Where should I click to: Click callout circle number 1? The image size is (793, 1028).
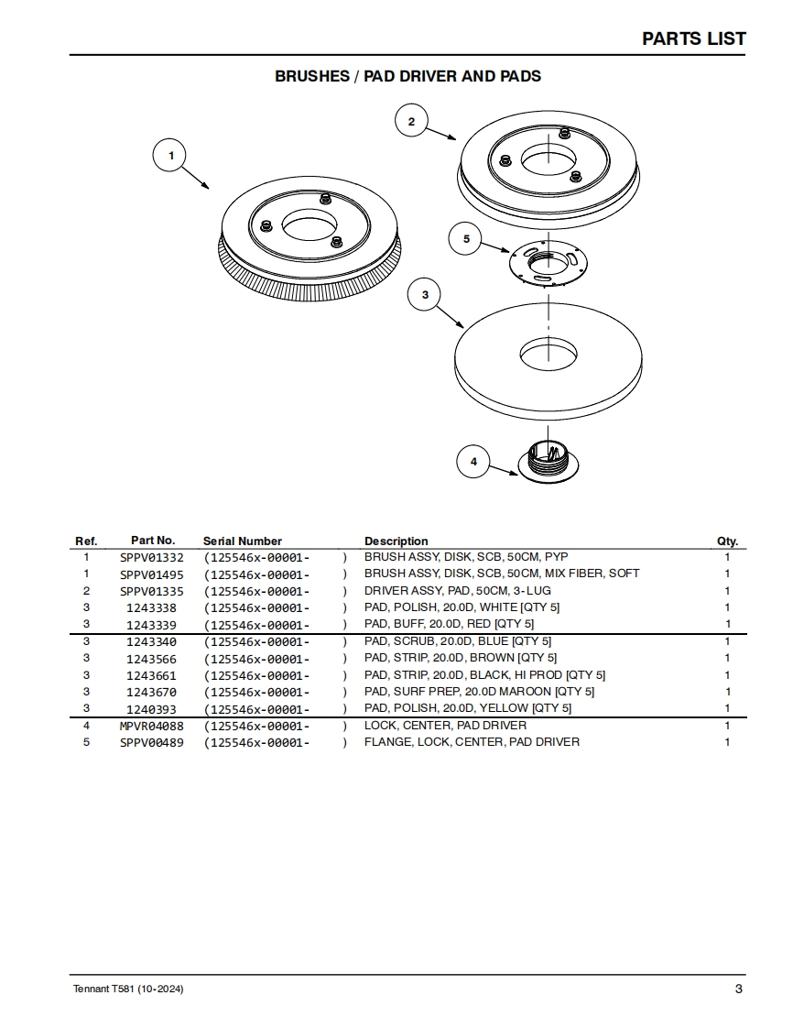[x=170, y=156]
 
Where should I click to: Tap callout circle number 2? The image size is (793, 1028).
[x=411, y=121]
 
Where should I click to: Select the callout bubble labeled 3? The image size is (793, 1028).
[x=425, y=294]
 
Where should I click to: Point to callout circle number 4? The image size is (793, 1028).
[x=473, y=462]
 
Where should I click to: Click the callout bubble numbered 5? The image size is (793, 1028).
[x=466, y=239]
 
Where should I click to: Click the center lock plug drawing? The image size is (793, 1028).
[x=549, y=457]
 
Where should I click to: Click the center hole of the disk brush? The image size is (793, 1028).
[x=310, y=223]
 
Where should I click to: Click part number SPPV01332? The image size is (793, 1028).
[x=152, y=557]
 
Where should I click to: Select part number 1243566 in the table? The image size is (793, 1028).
[x=152, y=658]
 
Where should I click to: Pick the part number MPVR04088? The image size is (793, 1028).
[x=152, y=726]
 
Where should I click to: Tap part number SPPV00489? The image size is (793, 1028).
[x=152, y=742]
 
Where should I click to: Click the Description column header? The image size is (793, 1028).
[x=396, y=541]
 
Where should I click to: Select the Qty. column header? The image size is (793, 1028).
[x=727, y=541]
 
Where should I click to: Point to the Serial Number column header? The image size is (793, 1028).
[x=243, y=541]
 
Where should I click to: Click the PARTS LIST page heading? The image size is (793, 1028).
[x=693, y=38]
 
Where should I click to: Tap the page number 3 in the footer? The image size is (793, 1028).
[x=738, y=989]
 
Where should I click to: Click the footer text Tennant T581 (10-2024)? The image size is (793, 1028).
[x=127, y=990]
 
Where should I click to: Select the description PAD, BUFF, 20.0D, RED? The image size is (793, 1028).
[x=449, y=624]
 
